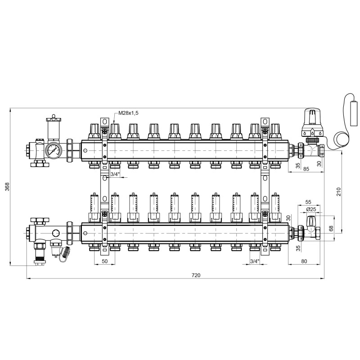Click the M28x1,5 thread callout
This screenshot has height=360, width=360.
coord(128,113)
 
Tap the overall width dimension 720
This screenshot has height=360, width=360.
coord(196,275)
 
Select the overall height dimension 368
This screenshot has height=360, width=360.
coord(7,187)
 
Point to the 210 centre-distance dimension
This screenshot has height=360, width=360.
coord(339,192)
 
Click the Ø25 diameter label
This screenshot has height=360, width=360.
coord(311,209)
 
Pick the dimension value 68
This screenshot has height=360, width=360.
coord(331,229)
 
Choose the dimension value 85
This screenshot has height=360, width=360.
coord(306,169)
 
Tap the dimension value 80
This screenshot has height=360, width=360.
coord(304,261)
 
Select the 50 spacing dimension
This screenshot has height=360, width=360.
coord(104,261)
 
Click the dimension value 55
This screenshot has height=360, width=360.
coord(308,202)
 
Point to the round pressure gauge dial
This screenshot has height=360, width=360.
coord(54,150)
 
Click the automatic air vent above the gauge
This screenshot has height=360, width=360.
coord(54,129)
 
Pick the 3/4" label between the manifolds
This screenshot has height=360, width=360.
coord(115,174)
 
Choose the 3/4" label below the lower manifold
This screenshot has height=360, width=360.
coord(254,261)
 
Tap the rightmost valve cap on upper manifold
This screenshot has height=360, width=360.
coord(275,132)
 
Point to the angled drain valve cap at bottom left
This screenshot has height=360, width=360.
coord(65,252)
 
